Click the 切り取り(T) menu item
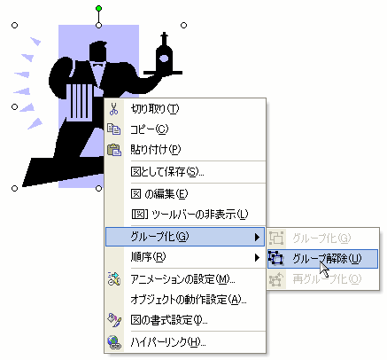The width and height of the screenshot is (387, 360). pos(155,109)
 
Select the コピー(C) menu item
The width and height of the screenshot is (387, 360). pos(150,129)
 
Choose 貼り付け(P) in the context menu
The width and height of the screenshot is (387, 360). pos(156,150)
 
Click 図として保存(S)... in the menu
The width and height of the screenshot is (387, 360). pos(167,172)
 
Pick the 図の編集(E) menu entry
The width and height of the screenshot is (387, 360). pos(159,194)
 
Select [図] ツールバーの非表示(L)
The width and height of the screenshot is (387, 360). pos(190,215)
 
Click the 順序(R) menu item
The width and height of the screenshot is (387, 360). pos(148,257)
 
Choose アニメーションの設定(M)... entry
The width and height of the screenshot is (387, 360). pos(182,279)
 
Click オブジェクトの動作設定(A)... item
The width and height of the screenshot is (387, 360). pos(189,300)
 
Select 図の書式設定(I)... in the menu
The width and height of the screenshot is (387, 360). pos(169,320)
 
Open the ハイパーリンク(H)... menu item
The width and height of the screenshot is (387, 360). pos(168,342)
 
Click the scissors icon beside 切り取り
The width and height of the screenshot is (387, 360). pos(113,109)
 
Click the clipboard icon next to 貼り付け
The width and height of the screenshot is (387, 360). pos(114,150)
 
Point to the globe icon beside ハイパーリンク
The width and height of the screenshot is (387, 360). pos(114,342)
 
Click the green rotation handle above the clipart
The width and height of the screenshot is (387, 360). pos(99,9)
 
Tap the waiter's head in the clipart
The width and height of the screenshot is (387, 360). pos(97,52)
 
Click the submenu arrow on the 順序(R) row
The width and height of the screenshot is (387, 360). pos(257,258)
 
